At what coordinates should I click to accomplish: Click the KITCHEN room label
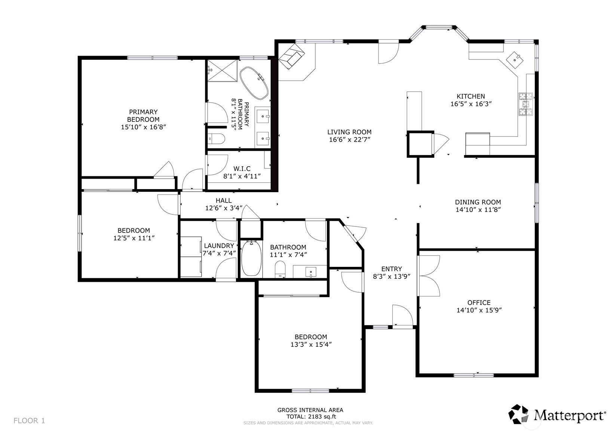click(x=471, y=96)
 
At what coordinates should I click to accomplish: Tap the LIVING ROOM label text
click(x=349, y=132)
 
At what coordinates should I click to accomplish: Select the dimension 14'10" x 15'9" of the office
click(x=479, y=310)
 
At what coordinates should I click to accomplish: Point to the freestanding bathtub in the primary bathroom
click(x=254, y=83)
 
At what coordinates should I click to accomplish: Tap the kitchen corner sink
click(x=515, y=60)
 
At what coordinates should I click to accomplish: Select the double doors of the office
click(x=429, y=276)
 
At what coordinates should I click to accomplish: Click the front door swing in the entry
click(x=402, y=316)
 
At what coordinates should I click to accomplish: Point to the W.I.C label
click(x=242, y=169)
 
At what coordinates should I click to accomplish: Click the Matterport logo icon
click(x=518, y=414)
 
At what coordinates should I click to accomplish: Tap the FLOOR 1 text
click(x=29, y=420)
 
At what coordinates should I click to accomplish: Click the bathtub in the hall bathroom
click(x=251, y=258)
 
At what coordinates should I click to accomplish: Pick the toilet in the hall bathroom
click(x=280, y=269)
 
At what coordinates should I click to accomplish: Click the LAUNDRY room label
click(x=219, y=246)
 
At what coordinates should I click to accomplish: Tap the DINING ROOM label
click(x=478, y=202)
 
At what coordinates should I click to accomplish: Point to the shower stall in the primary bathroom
click(x=222, y=70)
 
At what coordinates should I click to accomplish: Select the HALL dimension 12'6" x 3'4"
click(x=224, y=208)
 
